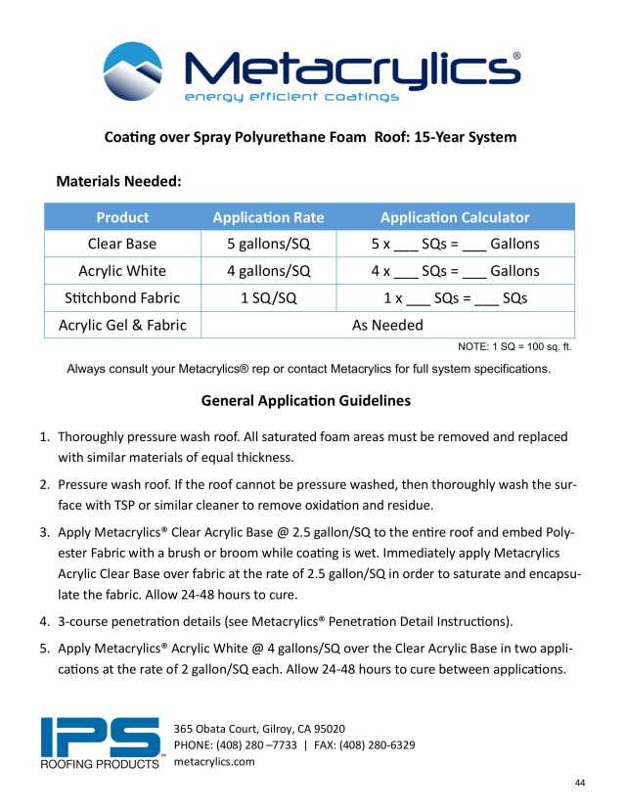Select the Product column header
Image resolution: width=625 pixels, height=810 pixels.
(122, 217)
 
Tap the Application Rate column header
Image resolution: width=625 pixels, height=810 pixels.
(268, 217)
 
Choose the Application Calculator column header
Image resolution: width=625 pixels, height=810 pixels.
(455, 217)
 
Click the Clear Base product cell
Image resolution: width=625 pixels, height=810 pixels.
(122, 244)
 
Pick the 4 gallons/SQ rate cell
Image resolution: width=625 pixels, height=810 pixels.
(268, 271)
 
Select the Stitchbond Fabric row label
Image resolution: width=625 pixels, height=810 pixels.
(122, 297)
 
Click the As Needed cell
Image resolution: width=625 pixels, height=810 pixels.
(387, 325)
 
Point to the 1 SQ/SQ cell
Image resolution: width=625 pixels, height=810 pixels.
(268, 297)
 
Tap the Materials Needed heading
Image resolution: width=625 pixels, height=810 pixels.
(120, 181)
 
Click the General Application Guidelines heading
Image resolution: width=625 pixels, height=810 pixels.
(305, 400)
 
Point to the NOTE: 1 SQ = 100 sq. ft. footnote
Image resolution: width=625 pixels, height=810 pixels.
(515, 347)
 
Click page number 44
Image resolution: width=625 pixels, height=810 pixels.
(580, 784)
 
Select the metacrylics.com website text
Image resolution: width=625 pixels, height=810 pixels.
(214, 762)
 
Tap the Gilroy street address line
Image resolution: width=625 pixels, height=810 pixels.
(258, 729)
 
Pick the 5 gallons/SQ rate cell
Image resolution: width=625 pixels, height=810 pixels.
(268, 244)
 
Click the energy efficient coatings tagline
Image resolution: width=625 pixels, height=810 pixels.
(291, 97)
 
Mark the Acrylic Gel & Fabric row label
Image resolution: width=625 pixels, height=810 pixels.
(122, 325)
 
